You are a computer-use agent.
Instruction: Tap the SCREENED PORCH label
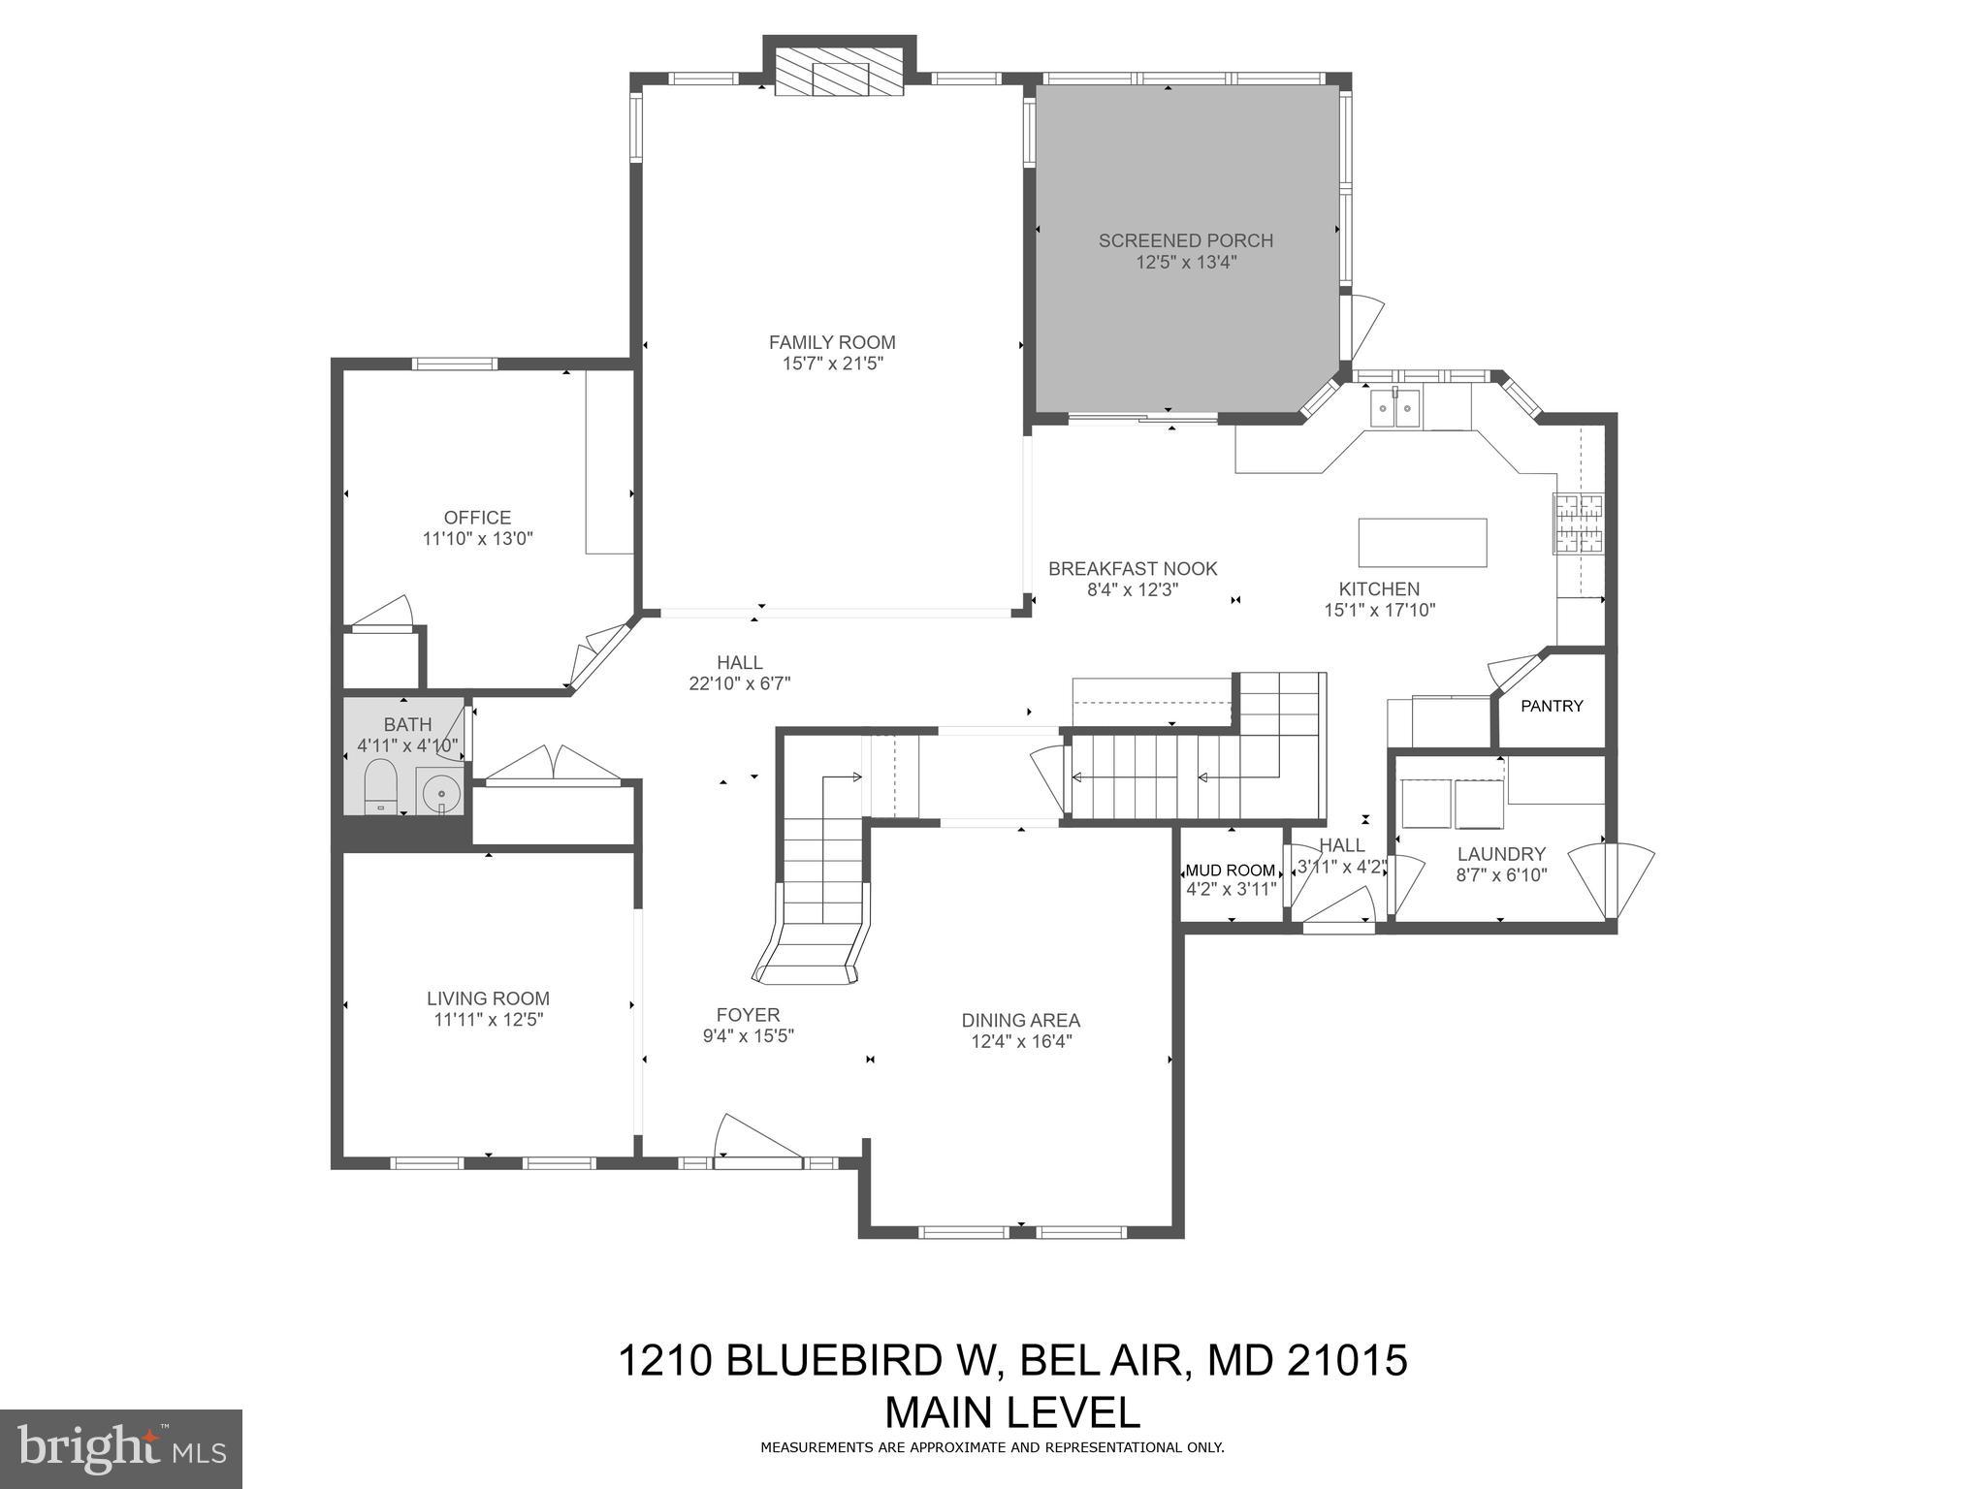pos(1185,240)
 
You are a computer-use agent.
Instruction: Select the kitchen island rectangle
pos(1422,543)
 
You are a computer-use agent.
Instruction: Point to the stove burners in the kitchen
pos(1578,523)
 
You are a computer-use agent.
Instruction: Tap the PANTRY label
pos(1552,706)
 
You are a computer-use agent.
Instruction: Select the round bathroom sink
pos(442,792)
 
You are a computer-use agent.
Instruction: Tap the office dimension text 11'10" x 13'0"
pos(477,539)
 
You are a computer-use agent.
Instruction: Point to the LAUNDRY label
pos(1501,854)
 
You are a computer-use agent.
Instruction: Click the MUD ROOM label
pos(1230,871)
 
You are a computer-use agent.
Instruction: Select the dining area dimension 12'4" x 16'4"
pos(1020,1042)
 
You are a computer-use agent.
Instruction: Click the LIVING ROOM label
pos(488,998)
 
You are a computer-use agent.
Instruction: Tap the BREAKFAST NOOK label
pos(1132,569)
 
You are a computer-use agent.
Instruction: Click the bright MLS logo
pos(121,1448)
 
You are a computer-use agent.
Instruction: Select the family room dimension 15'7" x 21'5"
pos(832,364)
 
